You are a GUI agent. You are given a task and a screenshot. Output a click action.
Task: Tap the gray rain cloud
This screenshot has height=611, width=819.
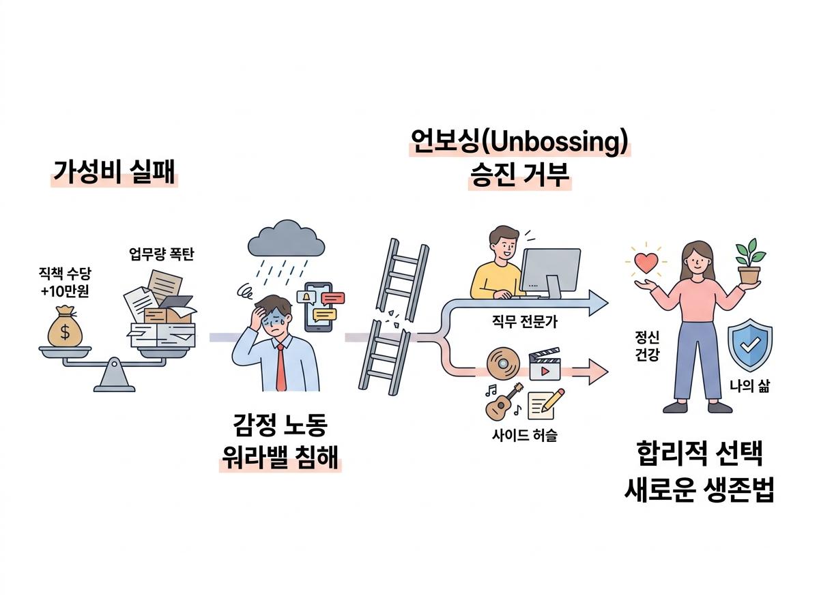tap(286, 238)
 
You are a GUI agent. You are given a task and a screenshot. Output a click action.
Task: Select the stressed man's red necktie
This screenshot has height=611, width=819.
tap(281, 366)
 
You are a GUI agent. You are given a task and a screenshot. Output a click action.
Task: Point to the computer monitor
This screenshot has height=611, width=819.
tap(551, 273)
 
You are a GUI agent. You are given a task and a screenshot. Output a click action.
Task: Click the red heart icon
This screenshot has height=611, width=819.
tap(646, 263)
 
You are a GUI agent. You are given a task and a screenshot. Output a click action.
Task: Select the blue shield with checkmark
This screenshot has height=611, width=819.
tap(750, 345)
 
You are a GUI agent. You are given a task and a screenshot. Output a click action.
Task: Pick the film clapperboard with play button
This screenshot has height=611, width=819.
tap(545, 364)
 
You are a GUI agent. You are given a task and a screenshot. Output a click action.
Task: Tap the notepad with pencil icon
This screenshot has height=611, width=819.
tap(546, 404)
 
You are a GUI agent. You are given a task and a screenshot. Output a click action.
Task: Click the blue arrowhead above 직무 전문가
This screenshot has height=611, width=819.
tap(598, 303)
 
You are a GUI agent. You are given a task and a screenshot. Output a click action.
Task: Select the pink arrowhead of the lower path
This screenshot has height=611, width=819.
tap(598, 372)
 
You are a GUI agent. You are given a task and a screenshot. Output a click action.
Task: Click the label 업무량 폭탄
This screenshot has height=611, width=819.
tap(162, 254)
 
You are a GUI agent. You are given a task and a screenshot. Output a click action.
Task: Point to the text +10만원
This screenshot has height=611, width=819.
tap(65, 290)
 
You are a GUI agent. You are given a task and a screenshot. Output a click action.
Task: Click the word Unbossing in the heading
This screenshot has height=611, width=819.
tap(553, 142)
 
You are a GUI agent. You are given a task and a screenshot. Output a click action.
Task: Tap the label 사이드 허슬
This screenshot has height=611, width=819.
tap(524, 435)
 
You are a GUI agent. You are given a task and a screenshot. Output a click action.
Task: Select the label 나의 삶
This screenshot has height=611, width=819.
tap(749, 386)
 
